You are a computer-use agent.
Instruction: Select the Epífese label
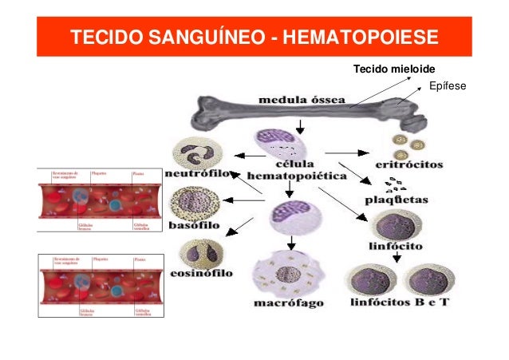point(447,85)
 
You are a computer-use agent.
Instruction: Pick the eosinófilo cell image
point(196,254)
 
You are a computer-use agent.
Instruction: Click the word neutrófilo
point(199,172)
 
